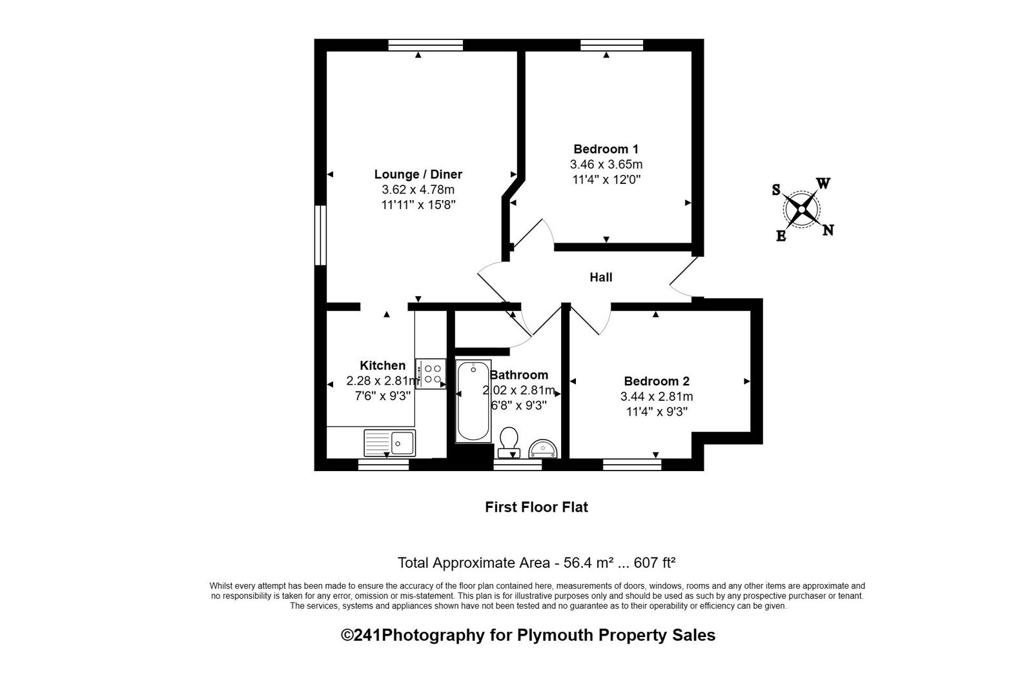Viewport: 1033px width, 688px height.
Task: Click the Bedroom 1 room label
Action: click(x=606, y=149)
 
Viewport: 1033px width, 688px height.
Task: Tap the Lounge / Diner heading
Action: click(x=418, y=174)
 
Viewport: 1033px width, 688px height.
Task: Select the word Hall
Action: click(x=601, y=277)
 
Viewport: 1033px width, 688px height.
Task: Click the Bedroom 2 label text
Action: click(x=657, y=381)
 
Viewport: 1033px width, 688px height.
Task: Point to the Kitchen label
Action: click(x=383, y=366)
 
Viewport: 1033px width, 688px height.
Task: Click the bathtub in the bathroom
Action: click(x=473, y=401)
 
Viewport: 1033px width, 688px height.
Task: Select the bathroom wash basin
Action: click(x=543, y=449)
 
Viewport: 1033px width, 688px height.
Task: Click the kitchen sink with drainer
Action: click(x=390, y=443)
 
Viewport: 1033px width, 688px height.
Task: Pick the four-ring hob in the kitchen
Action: click(x=431, y=374)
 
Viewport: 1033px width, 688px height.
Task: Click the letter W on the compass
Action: click(x=824, y=183)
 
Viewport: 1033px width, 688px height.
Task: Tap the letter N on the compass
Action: click(x=828, y=230)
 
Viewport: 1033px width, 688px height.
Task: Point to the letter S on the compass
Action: click(x=776, y=190)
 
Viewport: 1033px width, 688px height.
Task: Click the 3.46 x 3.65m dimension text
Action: click(x=606, y=164)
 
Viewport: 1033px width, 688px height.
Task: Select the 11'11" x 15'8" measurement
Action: click(x=418, y=205)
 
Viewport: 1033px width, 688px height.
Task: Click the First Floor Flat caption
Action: click(x=537, y=507)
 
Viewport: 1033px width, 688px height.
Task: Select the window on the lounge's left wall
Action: click(x=320, y=235)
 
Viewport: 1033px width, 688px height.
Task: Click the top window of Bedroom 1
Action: click(x=611, y=45)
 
